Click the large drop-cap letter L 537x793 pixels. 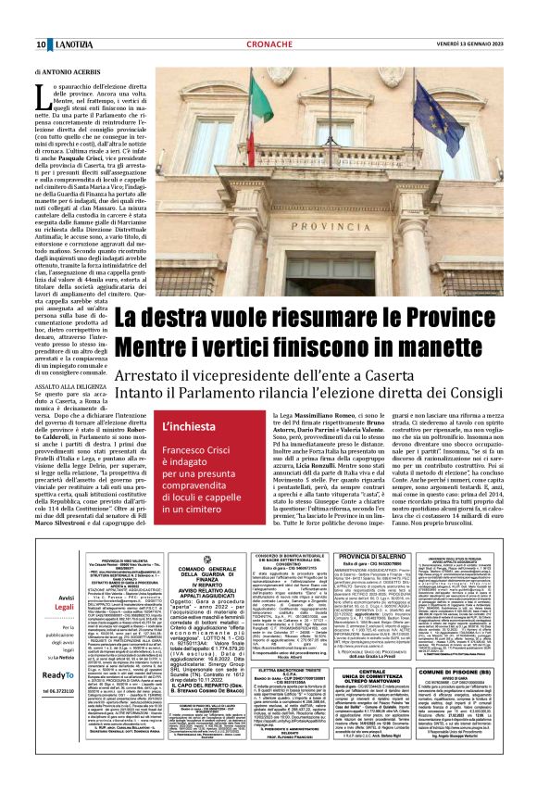point(44,94)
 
